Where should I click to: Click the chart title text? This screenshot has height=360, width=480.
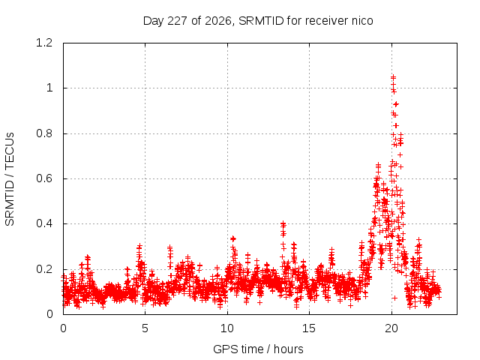coord(258,21)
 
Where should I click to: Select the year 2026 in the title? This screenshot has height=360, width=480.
coord(217,21)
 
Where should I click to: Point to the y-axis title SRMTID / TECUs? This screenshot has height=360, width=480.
coord(10,179)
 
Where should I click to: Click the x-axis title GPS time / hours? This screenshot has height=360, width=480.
coord(258,349)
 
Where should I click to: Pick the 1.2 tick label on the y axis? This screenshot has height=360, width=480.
coord(44,43)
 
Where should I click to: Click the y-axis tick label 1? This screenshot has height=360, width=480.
coord(49,88)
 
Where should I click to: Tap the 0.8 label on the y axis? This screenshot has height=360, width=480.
coord(44,133)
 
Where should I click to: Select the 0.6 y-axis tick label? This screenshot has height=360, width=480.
coord(44,178)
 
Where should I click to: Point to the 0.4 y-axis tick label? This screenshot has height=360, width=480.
coord(44,223)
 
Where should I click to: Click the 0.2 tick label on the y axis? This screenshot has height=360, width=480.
coord(44,269)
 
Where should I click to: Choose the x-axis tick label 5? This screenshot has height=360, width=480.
coord(145,328)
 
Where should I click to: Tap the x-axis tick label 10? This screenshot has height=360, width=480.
coord(227,328)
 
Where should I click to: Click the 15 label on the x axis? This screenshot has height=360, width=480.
coord(309,328)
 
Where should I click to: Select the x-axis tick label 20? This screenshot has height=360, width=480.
coord(391,328)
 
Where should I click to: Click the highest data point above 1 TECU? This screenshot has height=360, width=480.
coord(393,77)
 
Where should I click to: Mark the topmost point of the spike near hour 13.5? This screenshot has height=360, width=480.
coord(283,223)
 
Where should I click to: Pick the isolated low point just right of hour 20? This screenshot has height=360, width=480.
coord(394,298)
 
